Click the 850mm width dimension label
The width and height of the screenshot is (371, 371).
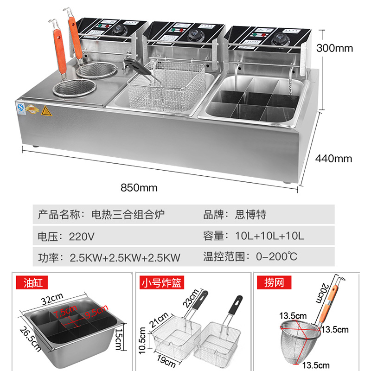point(139,188)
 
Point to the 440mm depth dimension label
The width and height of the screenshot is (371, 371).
point(333,158)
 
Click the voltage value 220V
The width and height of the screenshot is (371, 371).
point(82,236)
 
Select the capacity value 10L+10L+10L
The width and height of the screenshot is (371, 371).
point(262,236)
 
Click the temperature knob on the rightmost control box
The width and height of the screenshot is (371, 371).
point(280,38)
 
